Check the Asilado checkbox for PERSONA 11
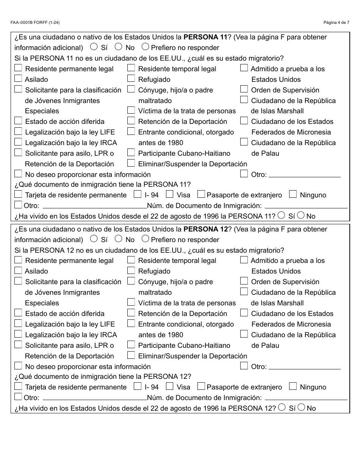(x=18, y=79)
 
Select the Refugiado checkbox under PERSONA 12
(x=131, y=271)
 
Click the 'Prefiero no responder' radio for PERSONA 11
(x=145, y=47)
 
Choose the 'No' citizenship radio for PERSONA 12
(x=118, y=239)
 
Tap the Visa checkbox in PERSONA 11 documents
(x=170, y=194)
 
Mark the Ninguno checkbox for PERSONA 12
(x=293, y=386)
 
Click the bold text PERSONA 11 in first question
(x=205, y=37)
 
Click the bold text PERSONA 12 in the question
(x=205, y=229)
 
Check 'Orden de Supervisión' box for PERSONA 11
(x=244, y=89)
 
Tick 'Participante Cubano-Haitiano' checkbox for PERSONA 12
(x=131, y=345)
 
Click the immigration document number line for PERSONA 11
(x=306, y=206)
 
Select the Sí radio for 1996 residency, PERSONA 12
(x=282, y=407)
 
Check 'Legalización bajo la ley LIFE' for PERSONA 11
(x=18, y=131)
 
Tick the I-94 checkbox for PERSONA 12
(x=138, y=386)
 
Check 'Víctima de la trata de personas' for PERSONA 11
(x=131, y=110)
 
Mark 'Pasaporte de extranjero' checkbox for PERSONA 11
(x=201, y=194)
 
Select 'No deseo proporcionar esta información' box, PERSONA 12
(x=18, y=366)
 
